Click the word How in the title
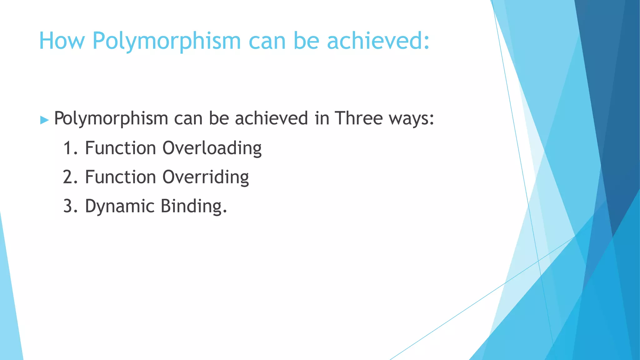(62, 41)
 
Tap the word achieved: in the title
(378, 41)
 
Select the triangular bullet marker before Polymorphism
(45, 120)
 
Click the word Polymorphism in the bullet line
(111, 119)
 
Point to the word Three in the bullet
(358, 118)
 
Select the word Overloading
(212, 148)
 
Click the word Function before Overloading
(120, 148)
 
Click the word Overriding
(206, 177)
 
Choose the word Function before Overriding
(120, 177)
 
